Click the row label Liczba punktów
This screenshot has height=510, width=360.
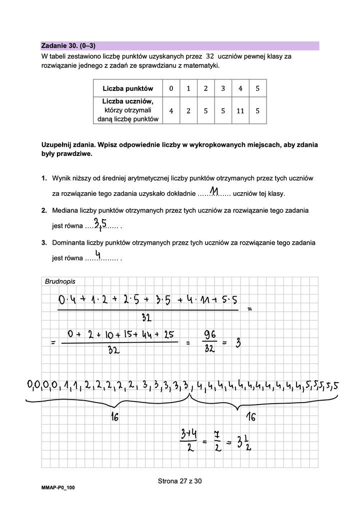[x=128, y=89]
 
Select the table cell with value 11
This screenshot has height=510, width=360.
[x=240, y=111]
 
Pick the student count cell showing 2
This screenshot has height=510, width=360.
[x=188, y=111]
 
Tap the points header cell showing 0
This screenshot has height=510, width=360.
[x=171, y=89]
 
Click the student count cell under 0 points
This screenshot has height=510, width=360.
[x=171, y=111]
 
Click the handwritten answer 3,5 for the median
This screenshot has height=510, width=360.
[x=100, y=223]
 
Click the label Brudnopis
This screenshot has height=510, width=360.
[x=57, y=282]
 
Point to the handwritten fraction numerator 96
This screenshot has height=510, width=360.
[x=210, y=333]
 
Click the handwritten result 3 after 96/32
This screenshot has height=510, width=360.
[x=238, y=343]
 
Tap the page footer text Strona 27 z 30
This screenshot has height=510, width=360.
[x=179, y=482]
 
